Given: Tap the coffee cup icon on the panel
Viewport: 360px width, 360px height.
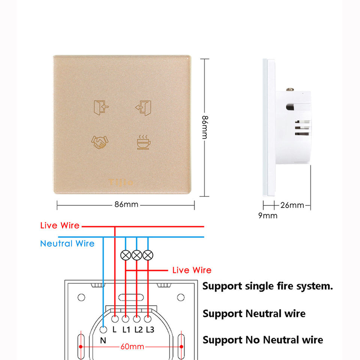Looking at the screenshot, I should click(x=142, y=142).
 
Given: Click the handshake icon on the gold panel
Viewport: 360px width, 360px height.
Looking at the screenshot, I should click(x=99, y=141).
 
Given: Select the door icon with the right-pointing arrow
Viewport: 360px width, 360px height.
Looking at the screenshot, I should click(x=101, y=107).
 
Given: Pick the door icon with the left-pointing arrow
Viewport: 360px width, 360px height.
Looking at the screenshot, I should click(x=143, y=107).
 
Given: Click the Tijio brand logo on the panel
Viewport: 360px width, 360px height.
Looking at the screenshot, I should click(x=121, y=183).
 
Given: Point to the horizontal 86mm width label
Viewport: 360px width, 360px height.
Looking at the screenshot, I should click(x=126, y=205).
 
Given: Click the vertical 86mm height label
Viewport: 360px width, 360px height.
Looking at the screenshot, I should click(x=205, y=127).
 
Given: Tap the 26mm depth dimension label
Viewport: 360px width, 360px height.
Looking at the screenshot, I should click(x=292, y=205).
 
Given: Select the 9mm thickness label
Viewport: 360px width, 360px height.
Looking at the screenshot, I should click(x=268, y=215).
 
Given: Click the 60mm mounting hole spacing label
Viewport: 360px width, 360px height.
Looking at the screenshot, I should click(x=132, y=346).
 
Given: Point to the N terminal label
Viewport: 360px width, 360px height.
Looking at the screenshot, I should click(x=103, y=340).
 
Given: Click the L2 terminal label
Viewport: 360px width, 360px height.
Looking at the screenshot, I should click(x=138, y=330).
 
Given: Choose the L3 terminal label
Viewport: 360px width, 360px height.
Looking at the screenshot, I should click(x=150, y=330).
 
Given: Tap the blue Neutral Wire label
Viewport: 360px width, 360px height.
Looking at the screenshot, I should click(x=67, y=243).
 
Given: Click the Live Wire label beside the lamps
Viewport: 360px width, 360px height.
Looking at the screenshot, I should click(x=192, y=270).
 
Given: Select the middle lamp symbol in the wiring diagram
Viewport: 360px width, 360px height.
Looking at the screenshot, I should click(x=137, y=255).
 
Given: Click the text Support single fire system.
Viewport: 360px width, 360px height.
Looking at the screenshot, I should click(x=267, y=286).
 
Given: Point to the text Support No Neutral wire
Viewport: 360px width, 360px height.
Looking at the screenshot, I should click(x=262, y=340).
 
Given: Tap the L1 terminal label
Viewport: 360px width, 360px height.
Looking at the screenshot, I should click(x=126, y=330).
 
